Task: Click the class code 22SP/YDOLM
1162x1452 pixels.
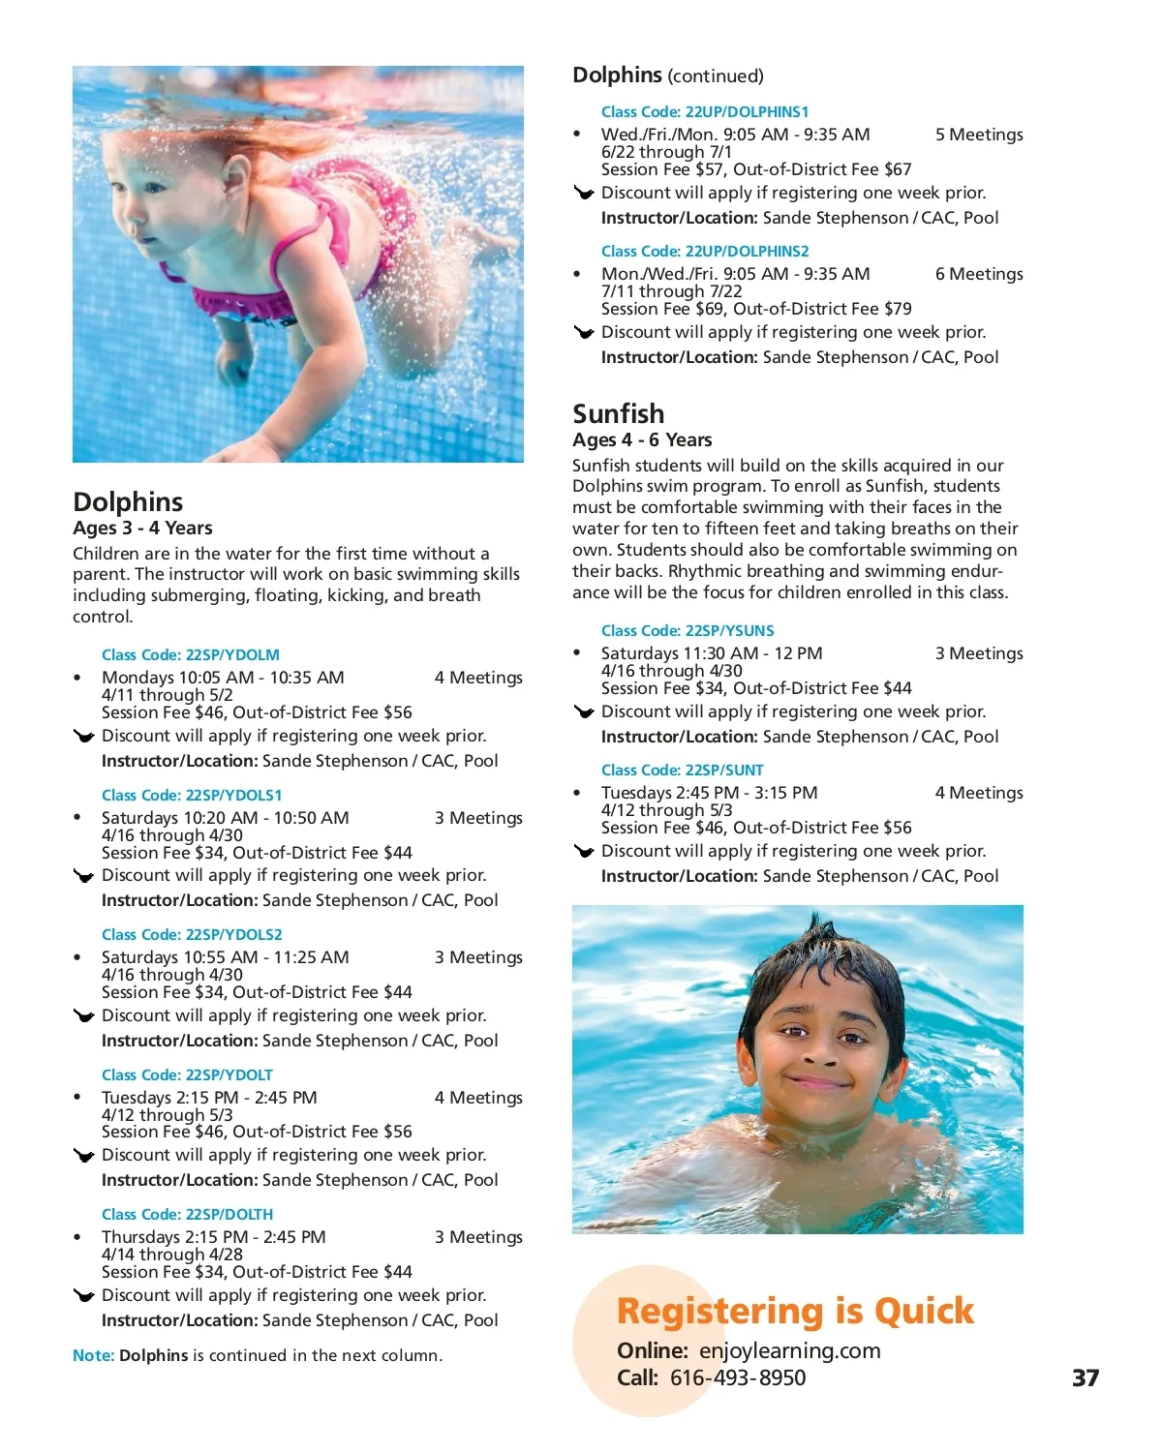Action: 191,655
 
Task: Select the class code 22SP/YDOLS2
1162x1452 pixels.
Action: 192,935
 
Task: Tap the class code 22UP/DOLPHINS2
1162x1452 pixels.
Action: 705,252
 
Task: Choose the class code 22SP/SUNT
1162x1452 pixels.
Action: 683,771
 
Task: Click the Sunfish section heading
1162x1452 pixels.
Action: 619,414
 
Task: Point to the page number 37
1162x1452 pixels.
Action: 1086,1377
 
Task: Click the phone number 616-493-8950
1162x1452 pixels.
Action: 738,1377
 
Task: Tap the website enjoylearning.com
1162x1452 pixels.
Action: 790,1350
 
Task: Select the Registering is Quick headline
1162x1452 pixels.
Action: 795,1311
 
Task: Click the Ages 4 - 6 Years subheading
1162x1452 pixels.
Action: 642,440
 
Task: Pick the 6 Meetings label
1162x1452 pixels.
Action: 979,274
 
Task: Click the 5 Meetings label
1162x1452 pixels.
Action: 979,135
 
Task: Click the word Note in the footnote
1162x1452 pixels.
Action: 93,1355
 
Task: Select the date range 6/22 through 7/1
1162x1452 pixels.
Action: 666,152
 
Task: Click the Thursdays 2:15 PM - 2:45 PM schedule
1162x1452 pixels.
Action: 214,1237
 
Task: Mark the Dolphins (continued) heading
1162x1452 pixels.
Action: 668,76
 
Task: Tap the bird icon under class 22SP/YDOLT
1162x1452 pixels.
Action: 84,1156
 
